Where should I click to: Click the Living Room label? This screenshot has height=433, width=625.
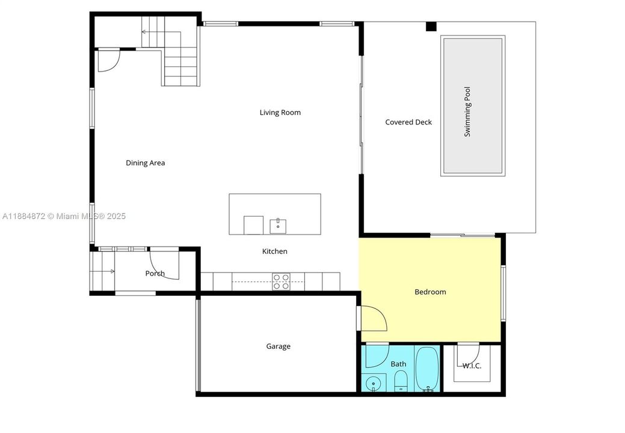click(280, 112)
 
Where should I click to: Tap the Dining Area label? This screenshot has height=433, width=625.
click(145, 163)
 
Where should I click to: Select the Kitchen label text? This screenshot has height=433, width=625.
click(274, 251)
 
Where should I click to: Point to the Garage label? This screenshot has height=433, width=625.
click(278, 346)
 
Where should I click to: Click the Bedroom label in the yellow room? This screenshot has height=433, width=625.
click(430, 292)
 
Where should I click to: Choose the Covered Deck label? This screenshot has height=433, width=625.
click(408, 122)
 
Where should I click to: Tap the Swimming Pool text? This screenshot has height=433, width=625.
click(467, 112)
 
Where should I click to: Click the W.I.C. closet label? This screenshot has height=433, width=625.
click(472, 366)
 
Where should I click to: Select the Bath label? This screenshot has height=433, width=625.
click(398, 364)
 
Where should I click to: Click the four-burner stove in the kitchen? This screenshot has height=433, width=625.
click(282, 281)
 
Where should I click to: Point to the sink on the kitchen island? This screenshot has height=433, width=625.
click(278, 226)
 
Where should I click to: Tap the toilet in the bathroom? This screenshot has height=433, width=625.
click(401, 381)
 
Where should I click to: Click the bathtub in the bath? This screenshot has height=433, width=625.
click(427, 369)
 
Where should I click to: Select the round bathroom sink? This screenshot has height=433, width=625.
click(374, 382)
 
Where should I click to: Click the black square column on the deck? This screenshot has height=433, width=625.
click(431, 26)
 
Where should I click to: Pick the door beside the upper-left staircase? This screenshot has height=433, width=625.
click(108, 60)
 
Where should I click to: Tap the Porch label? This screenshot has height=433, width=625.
click(155, 274)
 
